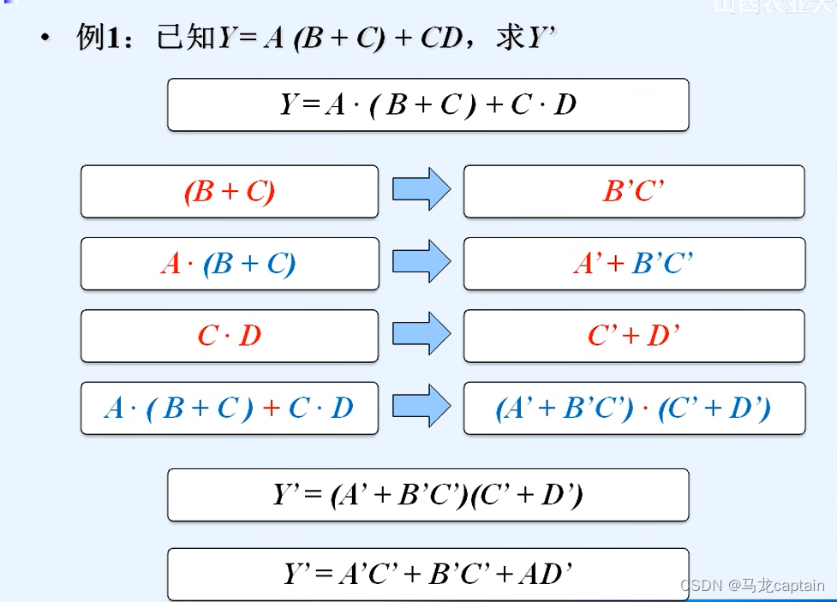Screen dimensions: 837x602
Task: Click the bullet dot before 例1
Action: (x=45, y=39)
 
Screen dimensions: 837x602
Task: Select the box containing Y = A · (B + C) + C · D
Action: (x=427, y=104)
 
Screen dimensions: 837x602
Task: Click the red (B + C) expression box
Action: (x=229, y=192)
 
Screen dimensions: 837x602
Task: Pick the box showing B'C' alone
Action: (x=634, y=192)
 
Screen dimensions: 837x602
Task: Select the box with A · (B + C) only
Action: (x=229, y=264)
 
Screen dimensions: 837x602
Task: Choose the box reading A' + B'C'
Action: (x=634, y=264)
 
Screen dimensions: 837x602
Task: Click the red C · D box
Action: (x=229, y=336)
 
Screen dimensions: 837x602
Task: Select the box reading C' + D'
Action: (x=634, y=336)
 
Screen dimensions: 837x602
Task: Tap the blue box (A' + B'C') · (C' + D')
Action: (x=634, y=408)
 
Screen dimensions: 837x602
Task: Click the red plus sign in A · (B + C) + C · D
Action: (x=272, y=408)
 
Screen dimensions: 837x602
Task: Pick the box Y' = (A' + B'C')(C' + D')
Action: (x=427, y=495)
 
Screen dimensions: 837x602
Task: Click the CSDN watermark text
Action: (x=752, y=586)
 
